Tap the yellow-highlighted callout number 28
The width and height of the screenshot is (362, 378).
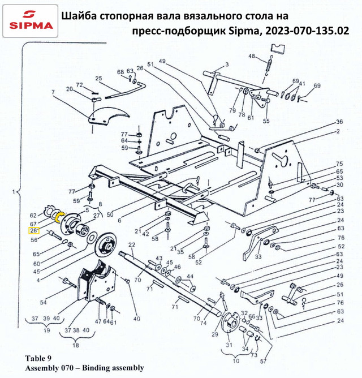(x=33, y=230)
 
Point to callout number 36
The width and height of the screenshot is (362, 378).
(x=339, y=122)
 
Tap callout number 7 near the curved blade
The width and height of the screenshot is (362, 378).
(x=53, y=92)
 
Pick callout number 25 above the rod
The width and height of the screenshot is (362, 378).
(x=98, y=79)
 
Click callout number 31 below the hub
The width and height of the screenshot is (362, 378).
(x=229, y=346)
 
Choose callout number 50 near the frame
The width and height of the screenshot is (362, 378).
(x=110, y=214)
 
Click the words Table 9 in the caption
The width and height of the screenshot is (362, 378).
(x=38, y=358)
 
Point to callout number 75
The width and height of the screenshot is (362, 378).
(x=339, y=163)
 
